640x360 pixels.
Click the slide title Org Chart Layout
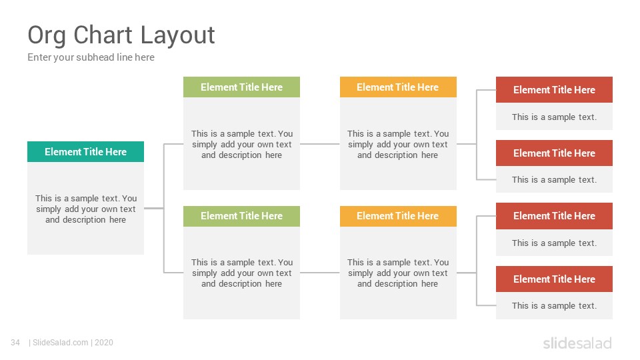[121, 35]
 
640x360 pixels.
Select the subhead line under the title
[91, 57]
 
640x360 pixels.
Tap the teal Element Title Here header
[86, 152]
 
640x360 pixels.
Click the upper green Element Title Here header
[241, 87]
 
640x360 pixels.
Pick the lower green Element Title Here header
[241, 216]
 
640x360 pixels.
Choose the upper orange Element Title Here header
[398, 87]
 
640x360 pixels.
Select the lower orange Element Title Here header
[398, 216]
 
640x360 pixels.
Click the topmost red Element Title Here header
[554, 90]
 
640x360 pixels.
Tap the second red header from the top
[554, 153]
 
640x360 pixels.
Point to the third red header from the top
[554, 216]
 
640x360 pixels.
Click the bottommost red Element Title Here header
[554, 279]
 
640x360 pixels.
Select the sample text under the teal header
[86, 209]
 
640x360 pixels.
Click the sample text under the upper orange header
[398, 145]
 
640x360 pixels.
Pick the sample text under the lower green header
[241, 273]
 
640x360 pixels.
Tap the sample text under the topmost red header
[554, 117]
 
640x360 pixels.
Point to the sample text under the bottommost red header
[554, 306]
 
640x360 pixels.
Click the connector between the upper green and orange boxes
[320, 144]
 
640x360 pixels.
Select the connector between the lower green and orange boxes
[320, 273]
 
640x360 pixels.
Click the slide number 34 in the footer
[15, 343]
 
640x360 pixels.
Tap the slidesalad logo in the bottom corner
[577, 343]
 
